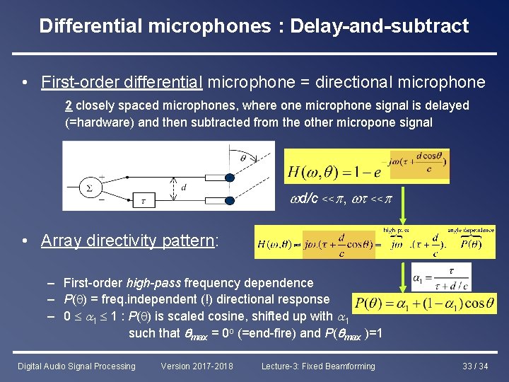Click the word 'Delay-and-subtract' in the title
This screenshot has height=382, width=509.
pos(381,26)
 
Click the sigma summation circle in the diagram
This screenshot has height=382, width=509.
pos(89,186)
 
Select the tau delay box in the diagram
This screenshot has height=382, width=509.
pos(144,200)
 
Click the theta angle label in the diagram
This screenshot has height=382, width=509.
pos(242,158)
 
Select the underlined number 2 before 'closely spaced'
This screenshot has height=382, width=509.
pos(68,105)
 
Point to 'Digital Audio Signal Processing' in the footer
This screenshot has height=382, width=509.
pos(76,366)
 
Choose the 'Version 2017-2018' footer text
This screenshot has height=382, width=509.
pos(197,366)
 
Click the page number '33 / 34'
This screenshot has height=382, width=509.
pos(474,366)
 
